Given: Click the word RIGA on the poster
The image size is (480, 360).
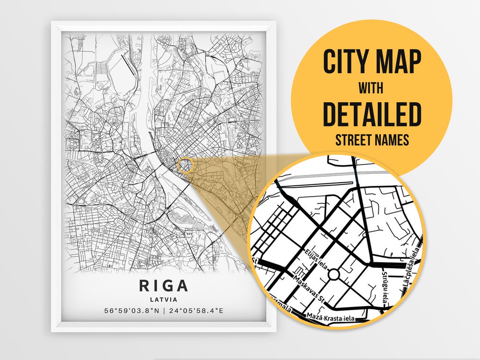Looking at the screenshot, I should (164, 285).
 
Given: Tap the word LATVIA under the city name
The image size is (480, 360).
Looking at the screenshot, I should (164, 300).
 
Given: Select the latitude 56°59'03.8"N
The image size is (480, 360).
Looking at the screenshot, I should (132, 310).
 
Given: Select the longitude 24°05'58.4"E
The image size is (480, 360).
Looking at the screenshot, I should (196, 310).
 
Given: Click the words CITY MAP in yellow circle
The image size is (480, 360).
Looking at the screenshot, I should (372, 63).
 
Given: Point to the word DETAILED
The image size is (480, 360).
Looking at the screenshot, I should (372, 115).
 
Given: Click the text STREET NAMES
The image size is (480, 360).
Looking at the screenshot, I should (372, 140).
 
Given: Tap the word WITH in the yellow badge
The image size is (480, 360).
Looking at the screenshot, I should (372, 89).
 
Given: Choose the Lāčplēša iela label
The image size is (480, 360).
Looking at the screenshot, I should (414, 267).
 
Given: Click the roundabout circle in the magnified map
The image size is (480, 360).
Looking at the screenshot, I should (333, 275).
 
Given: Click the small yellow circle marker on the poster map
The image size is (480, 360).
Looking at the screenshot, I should (185, 165).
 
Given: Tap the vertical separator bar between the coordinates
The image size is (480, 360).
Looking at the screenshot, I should (164, 310).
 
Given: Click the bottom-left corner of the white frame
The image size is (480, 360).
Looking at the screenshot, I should (52, 331).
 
